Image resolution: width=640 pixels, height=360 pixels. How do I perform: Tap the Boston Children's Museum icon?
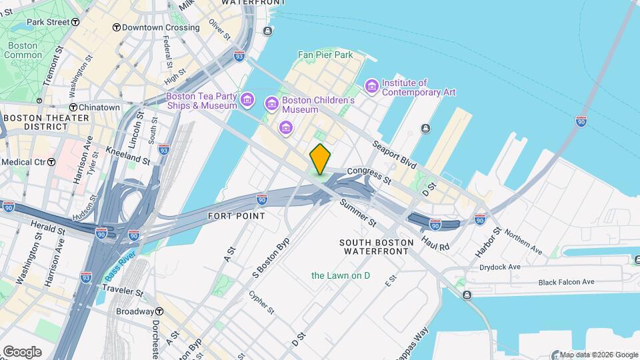(x=271, y=103)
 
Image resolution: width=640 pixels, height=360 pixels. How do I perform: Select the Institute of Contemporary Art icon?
(x=371, y=86)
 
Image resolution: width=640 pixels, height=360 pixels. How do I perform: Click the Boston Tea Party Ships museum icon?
(x=247, y=101)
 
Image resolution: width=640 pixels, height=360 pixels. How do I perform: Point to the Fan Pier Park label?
(x=325, y=55)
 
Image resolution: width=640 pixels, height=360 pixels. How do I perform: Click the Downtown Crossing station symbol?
(x=116, y=27)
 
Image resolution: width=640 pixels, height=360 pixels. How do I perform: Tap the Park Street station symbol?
(x=21, y=22)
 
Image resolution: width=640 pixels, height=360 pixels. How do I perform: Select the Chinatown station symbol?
(x=73, y=107)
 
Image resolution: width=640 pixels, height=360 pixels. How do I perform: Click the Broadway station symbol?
(x=159, y=311)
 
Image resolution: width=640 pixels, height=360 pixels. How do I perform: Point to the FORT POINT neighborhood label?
(x=236, y=216)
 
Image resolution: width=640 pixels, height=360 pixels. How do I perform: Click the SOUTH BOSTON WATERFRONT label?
(x=373, y=247)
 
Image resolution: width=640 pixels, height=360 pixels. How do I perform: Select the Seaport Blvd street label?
(x=395, y=153)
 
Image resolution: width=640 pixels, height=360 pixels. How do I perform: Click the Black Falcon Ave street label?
(x=566, y=282)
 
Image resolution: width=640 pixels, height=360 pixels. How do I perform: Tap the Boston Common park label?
(x=23, y=50)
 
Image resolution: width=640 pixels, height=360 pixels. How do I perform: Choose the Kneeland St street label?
(x=127, y=157)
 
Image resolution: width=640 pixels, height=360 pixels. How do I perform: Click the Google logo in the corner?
(x=22, y=351)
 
